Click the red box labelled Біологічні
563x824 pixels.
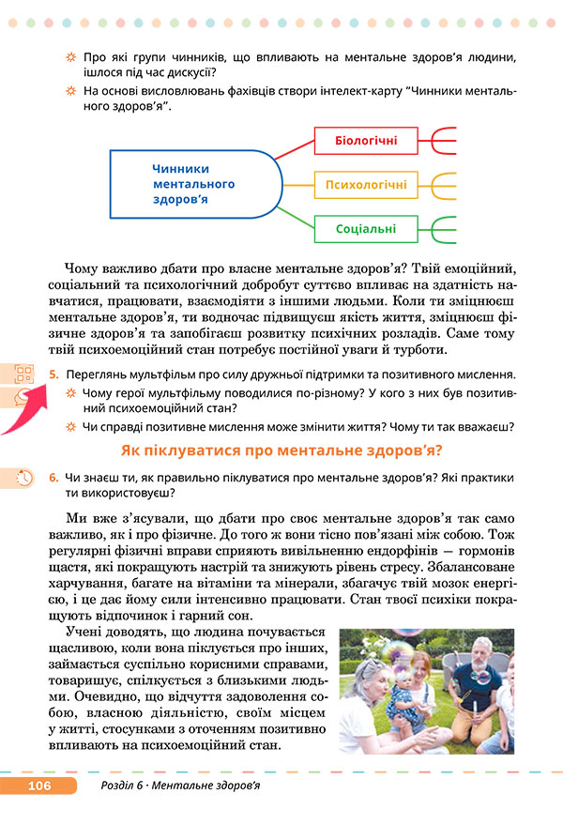(x=366, y=143)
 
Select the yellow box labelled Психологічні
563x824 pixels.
(x=366, y=185)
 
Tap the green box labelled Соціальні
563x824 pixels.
(x=366, y=228)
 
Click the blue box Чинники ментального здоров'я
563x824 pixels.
(x=193, y=185)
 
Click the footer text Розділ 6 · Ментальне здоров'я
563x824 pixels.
(x=180, y=785)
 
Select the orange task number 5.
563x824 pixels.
(x=54, y=374)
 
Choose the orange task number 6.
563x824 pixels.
(x=54, y=477)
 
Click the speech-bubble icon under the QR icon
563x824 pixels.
(x=23, y=397)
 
